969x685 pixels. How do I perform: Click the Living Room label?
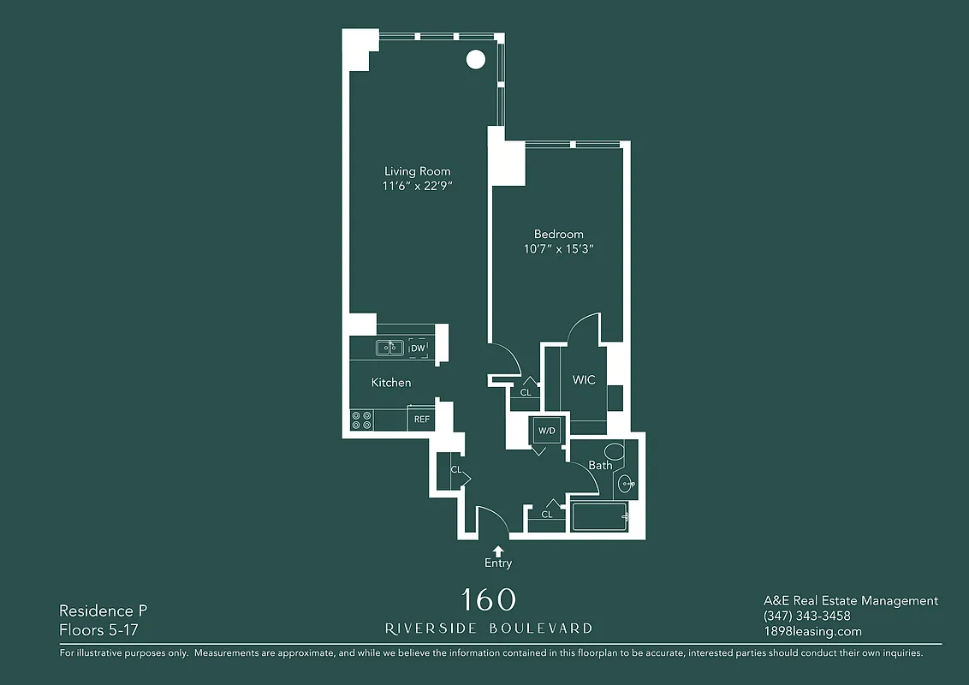point(417,171)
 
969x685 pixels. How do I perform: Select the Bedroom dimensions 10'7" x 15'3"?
point(558,249)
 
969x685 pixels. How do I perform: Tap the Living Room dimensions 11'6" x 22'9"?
point(417,187)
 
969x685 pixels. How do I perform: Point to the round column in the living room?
point(475,60)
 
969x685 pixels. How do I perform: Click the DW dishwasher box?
point(418,348)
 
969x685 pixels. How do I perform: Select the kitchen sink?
point(389,348)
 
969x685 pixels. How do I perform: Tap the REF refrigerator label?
point(421,420)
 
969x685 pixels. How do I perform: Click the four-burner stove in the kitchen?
point(361,420)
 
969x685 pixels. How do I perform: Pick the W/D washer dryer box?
point(546,431)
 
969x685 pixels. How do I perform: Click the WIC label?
point(584,380)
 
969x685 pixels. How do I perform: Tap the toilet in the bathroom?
point(613,452)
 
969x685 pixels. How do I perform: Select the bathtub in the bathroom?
point(600,517)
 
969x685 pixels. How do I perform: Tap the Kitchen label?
point(391,383)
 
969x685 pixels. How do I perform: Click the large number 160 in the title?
point(489,599)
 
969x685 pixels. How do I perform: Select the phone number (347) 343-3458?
point(806,616)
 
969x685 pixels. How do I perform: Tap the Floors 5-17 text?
point(98,630)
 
